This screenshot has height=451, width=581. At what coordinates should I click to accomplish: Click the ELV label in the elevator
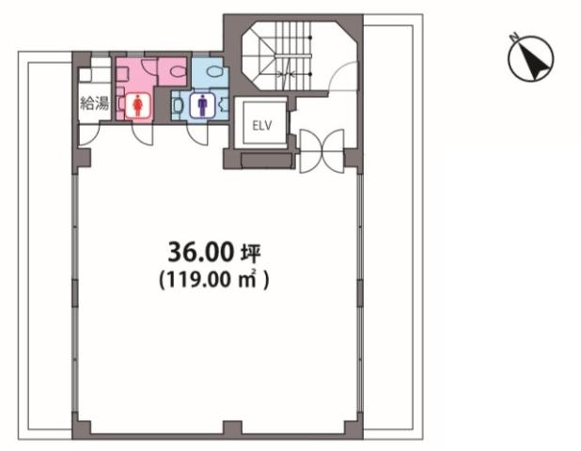click(x=262, y=126)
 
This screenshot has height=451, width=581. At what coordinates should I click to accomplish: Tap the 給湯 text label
click(x=95, y=103)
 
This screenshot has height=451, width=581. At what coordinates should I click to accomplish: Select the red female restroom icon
click(x=138, y=105)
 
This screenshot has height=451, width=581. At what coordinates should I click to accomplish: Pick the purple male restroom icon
click(x=202, y=105)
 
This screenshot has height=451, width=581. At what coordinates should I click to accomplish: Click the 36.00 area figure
click(x=201, y=252)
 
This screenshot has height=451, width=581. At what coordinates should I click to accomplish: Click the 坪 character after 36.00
click(x=251, y=254)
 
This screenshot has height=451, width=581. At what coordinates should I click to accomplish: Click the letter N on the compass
click(x=513, y=37)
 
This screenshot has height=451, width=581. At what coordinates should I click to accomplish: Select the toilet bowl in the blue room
click(x=215, y=70)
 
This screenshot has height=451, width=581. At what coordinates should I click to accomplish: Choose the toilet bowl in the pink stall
click(x=179, y=70)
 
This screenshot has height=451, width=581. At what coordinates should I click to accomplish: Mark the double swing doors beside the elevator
click(x=322, y=150)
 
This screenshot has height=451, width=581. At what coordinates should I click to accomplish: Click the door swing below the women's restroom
click(x=142, y=134)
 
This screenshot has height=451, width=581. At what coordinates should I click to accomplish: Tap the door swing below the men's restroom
click(x=197, y=134)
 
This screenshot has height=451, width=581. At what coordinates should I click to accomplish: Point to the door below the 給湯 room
click(x=88, y=134)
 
